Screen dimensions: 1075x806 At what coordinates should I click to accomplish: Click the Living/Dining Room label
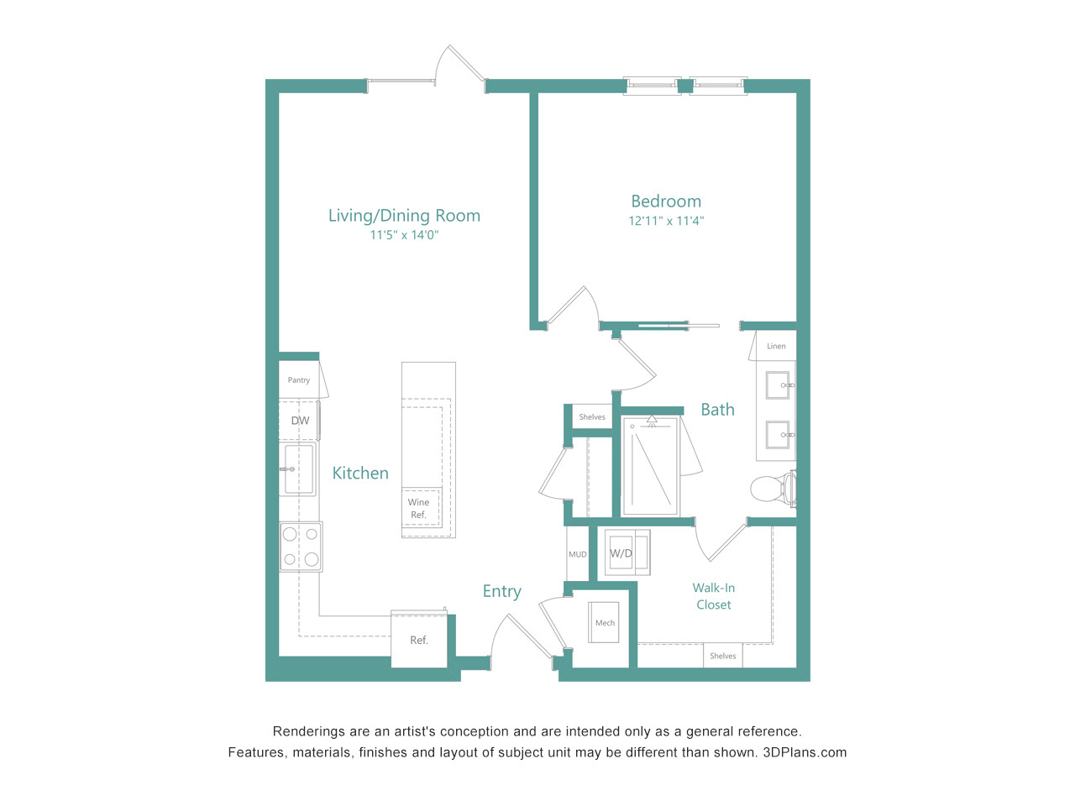coord(404,216)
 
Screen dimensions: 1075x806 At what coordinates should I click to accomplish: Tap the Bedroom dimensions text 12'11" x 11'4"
coord(666,221)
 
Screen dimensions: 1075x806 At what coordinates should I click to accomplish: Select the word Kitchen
coord(360,473)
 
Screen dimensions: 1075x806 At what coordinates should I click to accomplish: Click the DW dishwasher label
coord(300,421)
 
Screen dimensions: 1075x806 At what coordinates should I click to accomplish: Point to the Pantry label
coord(299,380)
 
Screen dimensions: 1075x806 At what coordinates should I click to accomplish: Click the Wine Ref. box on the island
coord(420,507)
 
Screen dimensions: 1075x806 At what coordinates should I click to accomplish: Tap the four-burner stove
coord(301,547)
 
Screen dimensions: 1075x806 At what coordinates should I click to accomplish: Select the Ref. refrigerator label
coord(419,640)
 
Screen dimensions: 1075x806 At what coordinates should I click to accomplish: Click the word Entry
coord(502,591)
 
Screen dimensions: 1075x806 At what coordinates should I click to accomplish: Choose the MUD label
coord(578,554)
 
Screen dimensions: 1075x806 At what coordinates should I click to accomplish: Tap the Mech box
coord(603,622)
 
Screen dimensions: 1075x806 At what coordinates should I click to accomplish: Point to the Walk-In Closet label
coord(714,596)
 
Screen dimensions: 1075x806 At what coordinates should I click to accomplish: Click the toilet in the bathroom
coord(773,489)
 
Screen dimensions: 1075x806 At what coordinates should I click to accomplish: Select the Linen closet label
coord(776,347)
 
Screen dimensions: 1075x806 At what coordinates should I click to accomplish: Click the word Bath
coord(717,409)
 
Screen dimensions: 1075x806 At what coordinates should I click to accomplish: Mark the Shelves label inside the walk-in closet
coord(723,656)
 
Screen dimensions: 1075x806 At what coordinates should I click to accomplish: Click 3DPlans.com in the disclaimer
coord(805,752)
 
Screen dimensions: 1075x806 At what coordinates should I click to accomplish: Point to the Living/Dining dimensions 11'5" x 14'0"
coord(404,235)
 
